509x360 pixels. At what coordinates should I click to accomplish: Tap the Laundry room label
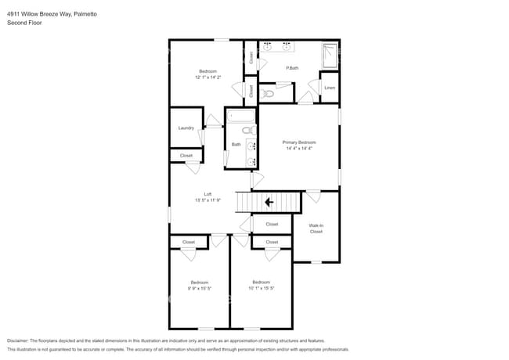[186, 128]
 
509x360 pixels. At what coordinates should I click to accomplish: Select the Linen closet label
[330, 87]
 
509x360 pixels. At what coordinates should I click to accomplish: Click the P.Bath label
[291, 68]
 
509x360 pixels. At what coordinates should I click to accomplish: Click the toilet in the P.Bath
[266, 94]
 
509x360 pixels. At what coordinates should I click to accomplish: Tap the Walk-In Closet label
[316, 229]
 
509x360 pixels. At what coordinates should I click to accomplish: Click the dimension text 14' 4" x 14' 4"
[298, 149]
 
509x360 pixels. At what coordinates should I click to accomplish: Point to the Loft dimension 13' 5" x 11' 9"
[208, 200]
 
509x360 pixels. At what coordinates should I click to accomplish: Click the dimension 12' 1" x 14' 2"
[208, 77]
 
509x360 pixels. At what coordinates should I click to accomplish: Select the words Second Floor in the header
[24, 23]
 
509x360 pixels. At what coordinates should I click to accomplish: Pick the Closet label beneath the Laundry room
[186, 156]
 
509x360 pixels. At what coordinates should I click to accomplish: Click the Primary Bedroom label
[298, 142]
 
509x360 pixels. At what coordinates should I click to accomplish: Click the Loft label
[208, 194]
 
